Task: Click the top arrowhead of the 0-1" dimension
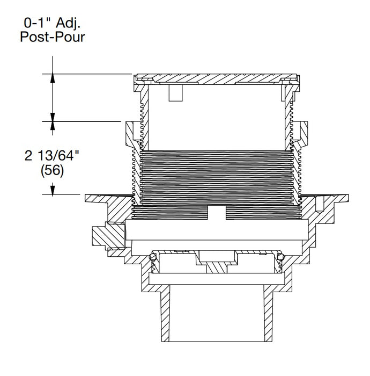coord(53,78)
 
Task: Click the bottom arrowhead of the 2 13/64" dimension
coord(53,189)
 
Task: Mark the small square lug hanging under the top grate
coord(175,93)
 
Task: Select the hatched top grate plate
coord(214,78)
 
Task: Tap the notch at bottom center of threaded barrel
coord(215,213)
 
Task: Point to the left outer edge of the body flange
coord(87,199)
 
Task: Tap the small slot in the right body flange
coord(320,204)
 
